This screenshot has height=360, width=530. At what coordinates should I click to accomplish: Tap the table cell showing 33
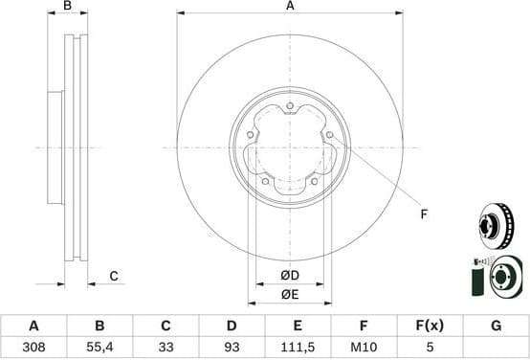pos(166,349)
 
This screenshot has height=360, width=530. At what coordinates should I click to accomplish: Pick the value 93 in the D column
pos(232,349)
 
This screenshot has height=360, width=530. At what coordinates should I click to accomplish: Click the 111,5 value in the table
pos(298,349)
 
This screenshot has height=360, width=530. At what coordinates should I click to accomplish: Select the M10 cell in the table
pos(364,349)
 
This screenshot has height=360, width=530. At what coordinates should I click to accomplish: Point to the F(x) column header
pos(430,326)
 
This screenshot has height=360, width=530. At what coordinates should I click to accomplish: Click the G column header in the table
pos(496,326)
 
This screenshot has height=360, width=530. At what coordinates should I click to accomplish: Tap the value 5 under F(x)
pos(430,349)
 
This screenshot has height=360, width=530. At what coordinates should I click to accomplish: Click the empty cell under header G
pos(496,349)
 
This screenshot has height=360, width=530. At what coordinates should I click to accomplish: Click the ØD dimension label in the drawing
pos(289,277)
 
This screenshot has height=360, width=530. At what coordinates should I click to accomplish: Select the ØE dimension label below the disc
pos(289,294)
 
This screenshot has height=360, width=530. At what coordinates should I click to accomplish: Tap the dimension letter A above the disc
pos(289,7)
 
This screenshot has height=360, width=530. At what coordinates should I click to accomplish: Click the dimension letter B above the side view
pos(66,7)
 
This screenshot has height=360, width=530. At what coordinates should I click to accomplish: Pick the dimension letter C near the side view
pos(113,277)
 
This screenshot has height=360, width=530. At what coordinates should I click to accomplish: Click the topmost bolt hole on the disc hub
pos(289,105)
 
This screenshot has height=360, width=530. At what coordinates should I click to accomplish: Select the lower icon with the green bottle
pos(497,278)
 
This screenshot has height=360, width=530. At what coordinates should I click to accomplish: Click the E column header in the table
pos(298,326)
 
